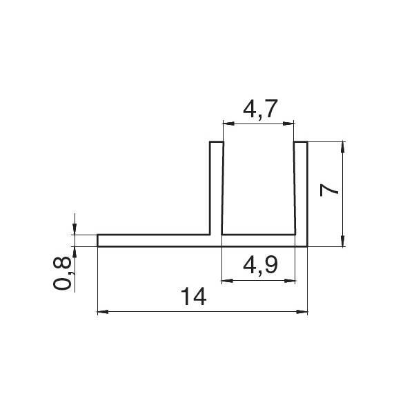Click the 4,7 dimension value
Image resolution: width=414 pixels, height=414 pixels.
(x=260, y=109)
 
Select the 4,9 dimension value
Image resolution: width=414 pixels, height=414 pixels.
(x=260, y=266)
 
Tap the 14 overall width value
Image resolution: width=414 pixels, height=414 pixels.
(x=195, y=297)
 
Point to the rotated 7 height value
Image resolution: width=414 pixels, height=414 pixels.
(x=328, y=190)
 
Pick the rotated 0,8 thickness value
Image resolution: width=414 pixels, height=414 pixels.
(x=62, y=273)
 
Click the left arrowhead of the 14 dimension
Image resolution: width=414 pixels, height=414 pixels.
(x=103, y=312)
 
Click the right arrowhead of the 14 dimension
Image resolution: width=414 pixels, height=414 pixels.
(x=302, y=312)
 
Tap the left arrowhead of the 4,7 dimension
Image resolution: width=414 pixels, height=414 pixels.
(x=228, y=124)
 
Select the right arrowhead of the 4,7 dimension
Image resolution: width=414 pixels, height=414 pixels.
(x=288, y=124)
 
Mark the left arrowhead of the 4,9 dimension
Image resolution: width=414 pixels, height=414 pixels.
(x=227, y=281)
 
